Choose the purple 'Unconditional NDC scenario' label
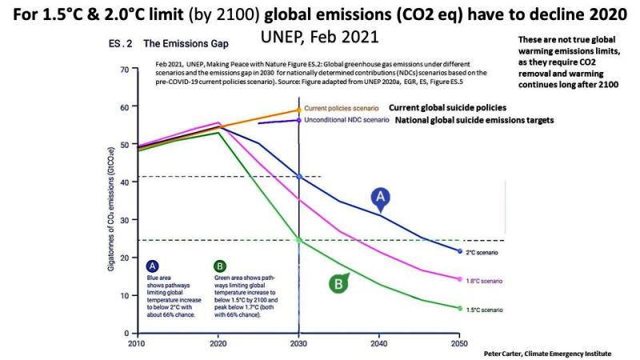coord(346,120)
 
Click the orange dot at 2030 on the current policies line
coord(298,110)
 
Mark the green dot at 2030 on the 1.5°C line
coord(298,239)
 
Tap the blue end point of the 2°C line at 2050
coord(460,251)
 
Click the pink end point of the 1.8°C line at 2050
coord(460,279)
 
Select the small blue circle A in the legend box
coord(152,267)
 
